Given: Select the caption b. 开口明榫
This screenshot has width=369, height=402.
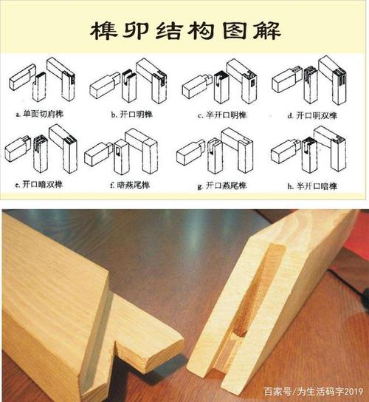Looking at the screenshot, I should point(133,115).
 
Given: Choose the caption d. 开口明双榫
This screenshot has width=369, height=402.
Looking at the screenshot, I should point(311,115).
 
